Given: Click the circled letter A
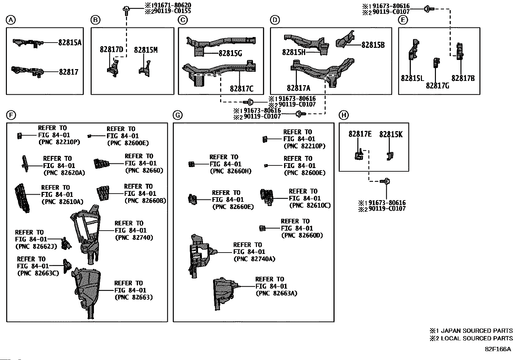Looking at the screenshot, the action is coord(11,20).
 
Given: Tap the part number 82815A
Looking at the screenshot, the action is coord(70,43).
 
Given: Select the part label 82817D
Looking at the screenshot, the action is coord(111,49).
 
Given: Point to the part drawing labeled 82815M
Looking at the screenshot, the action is coord(145,69).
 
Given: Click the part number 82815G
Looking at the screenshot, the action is coord(230,53).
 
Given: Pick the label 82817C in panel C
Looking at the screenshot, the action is coord(242,89).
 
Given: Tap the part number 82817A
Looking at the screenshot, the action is coord(298,88).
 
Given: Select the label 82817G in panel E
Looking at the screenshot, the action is coord(438,86).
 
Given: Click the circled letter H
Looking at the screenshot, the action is coord(344,115).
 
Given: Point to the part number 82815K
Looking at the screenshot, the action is coord(391,134).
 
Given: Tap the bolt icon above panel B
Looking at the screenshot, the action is coord(126,11).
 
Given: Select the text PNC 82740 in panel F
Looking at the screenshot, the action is coord(134,237).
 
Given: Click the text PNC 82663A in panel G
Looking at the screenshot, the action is coord(277,293).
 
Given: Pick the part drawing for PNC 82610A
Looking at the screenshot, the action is coord(23,198).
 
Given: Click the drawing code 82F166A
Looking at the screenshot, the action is coord(498,349).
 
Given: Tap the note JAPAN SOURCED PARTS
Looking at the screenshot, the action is coord(476,331).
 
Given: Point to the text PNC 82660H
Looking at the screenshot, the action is coord(231,171).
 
